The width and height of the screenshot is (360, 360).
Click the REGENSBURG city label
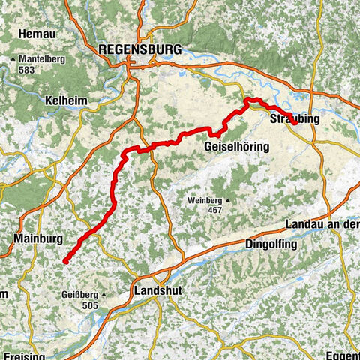pos(139,49)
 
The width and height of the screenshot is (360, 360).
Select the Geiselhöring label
pos(236,148)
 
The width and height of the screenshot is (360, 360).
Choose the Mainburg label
pos(37,240)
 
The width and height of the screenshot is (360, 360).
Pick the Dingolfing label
pos(271,244)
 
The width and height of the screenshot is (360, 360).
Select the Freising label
pos(24,355)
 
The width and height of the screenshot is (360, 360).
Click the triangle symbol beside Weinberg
pos(228,200)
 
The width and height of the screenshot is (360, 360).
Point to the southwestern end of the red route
pos(66,261)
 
